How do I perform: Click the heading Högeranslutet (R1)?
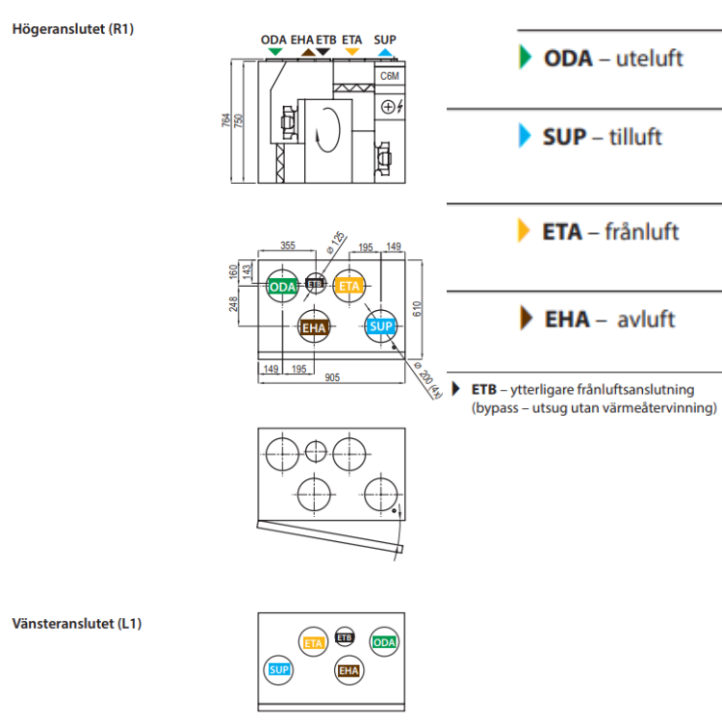(72, 29)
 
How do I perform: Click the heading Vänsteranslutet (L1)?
(77, 623)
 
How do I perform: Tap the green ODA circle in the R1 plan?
(282, 287)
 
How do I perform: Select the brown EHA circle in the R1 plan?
(315, 328)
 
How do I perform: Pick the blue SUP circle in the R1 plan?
(381, 327)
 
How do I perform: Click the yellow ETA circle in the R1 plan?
(348, 286)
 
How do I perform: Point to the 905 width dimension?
(331, 377)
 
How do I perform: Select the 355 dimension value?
(287, 246)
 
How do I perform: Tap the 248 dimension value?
(234, 304)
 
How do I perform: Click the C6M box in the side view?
(390, 76)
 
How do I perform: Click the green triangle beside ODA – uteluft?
(524, 57)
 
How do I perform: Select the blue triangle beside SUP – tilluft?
(524, 136)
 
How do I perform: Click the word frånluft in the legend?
(642, 232)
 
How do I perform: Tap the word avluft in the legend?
(646, 319)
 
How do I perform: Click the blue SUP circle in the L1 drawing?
(279, 669)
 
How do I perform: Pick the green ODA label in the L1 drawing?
(384, 642)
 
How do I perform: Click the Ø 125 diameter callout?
(335, 240)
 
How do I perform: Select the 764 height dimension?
(226, 120)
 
